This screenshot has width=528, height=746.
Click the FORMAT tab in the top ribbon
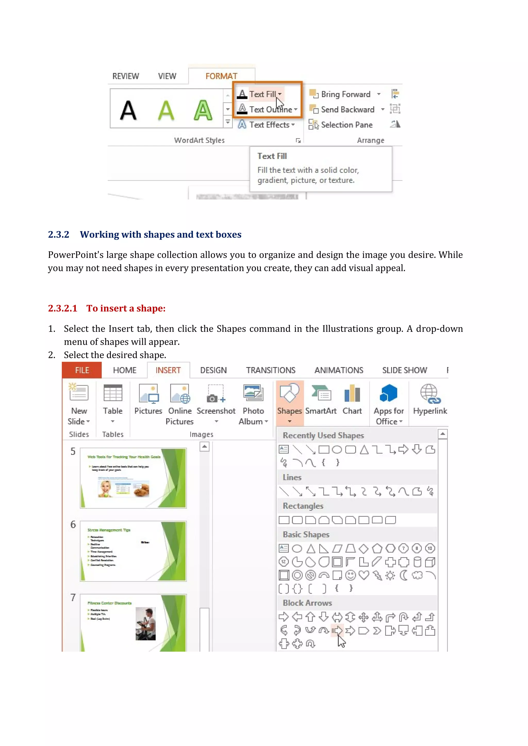pos(221,76)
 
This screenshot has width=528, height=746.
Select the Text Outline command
pos(270,109)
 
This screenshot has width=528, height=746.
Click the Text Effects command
pos(269,125)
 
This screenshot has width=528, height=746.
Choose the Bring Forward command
pos(345,94)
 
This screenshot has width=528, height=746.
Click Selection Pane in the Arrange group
pos(346,125)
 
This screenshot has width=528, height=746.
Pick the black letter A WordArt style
pos(128,110)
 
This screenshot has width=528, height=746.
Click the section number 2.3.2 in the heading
pos(59,235)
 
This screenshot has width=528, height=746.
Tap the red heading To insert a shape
pos(126,308)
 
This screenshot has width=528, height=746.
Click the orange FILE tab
pos(82,370)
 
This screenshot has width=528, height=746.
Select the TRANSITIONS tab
pos(270,370)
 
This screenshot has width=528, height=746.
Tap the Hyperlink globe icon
pos(430,394)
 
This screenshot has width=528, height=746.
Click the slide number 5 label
pos(73,451)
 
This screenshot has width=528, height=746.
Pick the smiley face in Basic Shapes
pos(350,575)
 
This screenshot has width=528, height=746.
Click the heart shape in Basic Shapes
pos(364,575)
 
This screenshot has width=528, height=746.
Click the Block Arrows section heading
pos(307,603)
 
